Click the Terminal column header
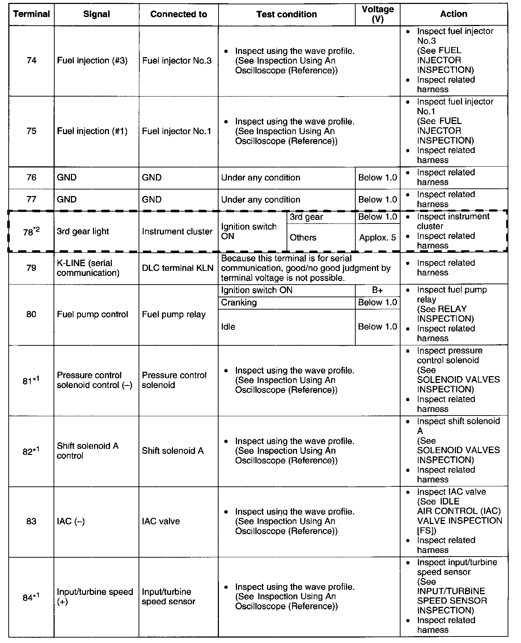click(x=31, y=14)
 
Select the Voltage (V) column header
click(x=377, y=14)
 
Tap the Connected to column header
click(x=178, y=14)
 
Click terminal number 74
click(x=31, y=60)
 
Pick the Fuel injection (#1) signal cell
click(x=92, y=131)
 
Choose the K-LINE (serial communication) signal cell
click(x=88, y=268)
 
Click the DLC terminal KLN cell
click(x=178, y=268)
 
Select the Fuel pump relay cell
click(x=174, y=315)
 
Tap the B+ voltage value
click(x=377, y=290)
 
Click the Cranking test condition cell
click(x=239, y=303)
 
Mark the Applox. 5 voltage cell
click(x=377, y=238)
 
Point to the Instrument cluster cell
click(x=177, y=232)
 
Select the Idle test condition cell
click(x=228, y=327)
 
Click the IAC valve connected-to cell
click(x=161, y=521)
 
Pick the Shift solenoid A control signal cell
click(x=88, y=451)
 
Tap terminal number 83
click(x=31, y=521)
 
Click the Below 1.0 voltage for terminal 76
click(x=377, y=178)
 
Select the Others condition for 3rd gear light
click(x=303, y=238)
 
